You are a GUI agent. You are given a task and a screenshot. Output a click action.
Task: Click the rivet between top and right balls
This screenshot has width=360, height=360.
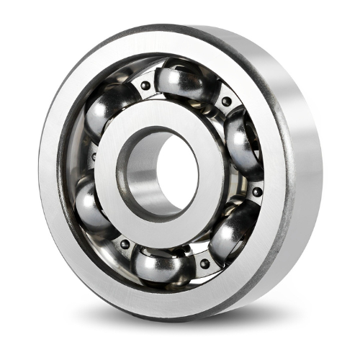[226, 102]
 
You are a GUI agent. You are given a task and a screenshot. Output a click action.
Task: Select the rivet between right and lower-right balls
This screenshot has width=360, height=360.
[257, 192]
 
